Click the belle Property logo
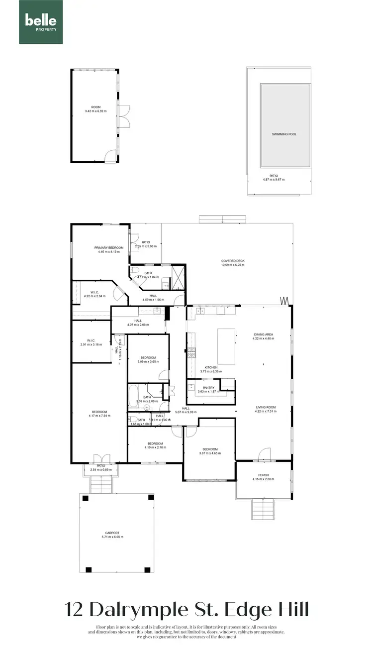click(41, 22)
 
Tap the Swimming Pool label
click(284, 134)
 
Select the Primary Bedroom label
click(109, 247)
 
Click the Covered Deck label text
click(233, 261)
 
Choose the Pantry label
click(208, 387)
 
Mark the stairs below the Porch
click(263, 509)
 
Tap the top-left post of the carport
click(85, 498)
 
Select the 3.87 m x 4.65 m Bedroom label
click(208, 449)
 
